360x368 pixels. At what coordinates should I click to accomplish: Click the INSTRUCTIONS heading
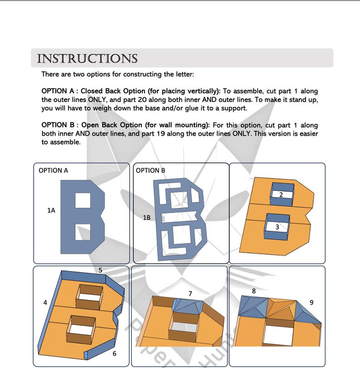87,59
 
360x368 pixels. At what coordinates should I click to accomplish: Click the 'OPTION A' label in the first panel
53,170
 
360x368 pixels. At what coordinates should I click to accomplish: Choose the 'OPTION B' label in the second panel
151,170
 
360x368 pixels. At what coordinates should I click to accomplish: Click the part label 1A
51,210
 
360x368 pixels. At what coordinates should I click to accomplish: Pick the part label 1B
146,218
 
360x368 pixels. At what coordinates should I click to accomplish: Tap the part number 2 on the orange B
281,195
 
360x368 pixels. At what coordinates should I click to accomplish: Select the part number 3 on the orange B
277,227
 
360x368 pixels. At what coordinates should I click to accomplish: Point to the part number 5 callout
101,271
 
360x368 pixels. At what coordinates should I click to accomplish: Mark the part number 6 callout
114,353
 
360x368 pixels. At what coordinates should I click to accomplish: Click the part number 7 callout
190,294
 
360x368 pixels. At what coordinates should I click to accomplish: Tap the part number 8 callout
253,291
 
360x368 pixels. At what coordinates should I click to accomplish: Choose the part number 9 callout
311,302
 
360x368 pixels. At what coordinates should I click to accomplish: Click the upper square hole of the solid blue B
83,199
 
